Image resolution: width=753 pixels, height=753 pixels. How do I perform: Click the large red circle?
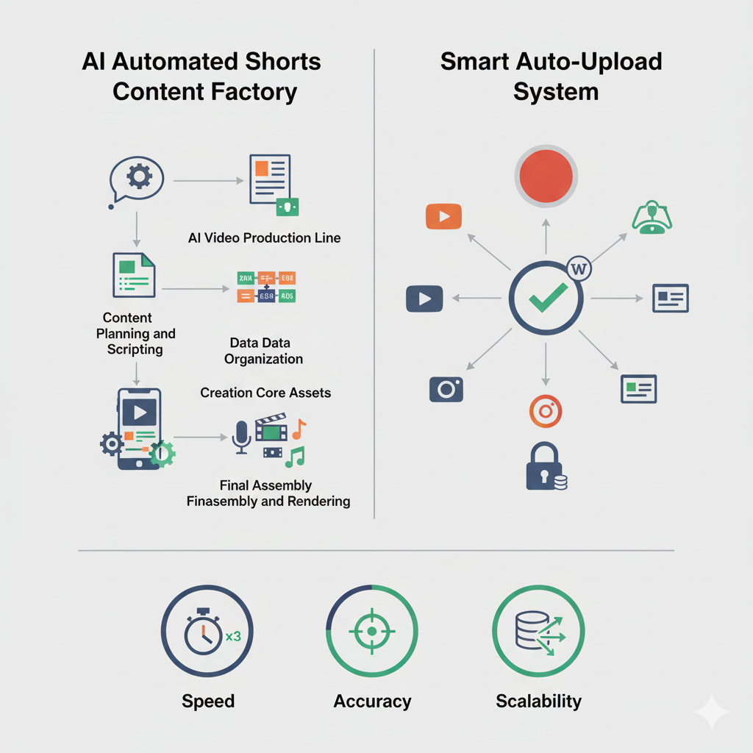click(x=546, y=176)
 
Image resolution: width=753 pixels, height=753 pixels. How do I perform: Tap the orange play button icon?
click(x=443, y=216)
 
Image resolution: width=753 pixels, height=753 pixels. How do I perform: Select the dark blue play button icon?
click(x=424, y=299)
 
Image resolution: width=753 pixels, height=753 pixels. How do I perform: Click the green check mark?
click(x=547, y=297)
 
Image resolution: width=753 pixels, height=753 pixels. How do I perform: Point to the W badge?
click(x=579, y=269)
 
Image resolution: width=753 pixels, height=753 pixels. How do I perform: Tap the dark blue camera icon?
click(x=446, y=389)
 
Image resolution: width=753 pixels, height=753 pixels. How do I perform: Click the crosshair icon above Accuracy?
click(x=371, y=631)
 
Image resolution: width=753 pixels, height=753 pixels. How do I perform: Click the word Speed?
click(x=208, y=701)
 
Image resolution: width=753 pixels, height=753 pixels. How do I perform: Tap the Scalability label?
click(x=538, y=701)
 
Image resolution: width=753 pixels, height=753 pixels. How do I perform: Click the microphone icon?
click(x=241, y=437)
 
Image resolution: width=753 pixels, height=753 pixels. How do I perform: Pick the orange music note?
click(x=299, y=428)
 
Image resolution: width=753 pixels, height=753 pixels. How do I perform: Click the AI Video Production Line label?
click(x=265, y=238)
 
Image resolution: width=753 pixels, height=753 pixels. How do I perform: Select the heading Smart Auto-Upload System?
click(x=551, y=76)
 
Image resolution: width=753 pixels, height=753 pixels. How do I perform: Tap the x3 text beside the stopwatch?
click(x=233, y=637)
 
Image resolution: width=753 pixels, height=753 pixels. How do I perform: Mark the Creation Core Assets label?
click(x=265, y=393)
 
